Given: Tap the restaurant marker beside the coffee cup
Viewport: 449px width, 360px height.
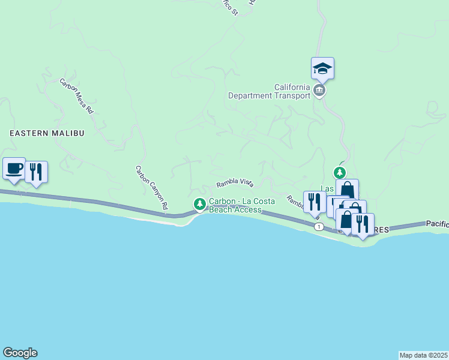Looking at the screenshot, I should [36, 172].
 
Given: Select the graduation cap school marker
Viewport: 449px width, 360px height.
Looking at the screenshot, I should [322, 69].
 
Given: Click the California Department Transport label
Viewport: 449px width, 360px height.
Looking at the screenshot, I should [269, 91].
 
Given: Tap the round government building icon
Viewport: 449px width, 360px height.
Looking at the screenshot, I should [319, 91].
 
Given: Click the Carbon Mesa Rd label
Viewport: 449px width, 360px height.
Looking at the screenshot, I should [77, 96].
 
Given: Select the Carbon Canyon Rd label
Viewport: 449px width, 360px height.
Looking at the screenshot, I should [151, 188].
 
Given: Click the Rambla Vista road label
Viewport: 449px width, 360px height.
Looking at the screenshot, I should [235, 182].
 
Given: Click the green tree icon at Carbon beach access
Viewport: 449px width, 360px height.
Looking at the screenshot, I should [200, 205].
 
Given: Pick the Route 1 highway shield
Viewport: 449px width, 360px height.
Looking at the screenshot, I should [319, 226].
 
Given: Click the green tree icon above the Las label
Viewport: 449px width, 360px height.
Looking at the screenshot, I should [340, 172].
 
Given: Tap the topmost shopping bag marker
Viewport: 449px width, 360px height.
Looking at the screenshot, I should [347, 191].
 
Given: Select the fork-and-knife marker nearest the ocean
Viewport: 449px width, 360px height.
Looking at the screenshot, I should [363, 225].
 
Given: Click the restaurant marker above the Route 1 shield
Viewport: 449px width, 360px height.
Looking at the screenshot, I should [314, 202].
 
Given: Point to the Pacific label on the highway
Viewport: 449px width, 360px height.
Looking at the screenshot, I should [437, 223].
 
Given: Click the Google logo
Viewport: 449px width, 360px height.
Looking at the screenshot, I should [20, 353].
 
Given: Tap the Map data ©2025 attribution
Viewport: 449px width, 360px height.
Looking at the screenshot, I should [423, 355].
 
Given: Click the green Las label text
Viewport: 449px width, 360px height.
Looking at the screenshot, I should [327, 188].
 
